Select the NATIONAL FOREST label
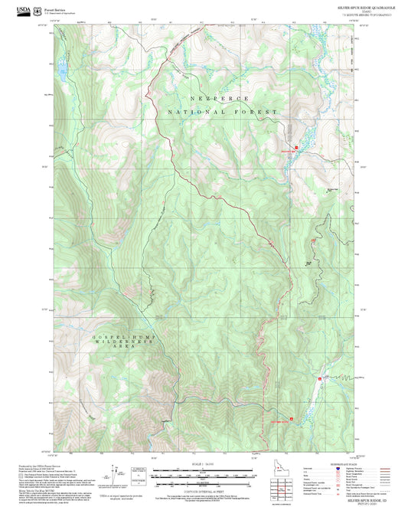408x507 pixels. point(221,113)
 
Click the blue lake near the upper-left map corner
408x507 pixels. point(62,74)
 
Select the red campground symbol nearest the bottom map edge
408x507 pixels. point(279,420)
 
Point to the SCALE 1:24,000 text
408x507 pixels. point(204,463)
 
